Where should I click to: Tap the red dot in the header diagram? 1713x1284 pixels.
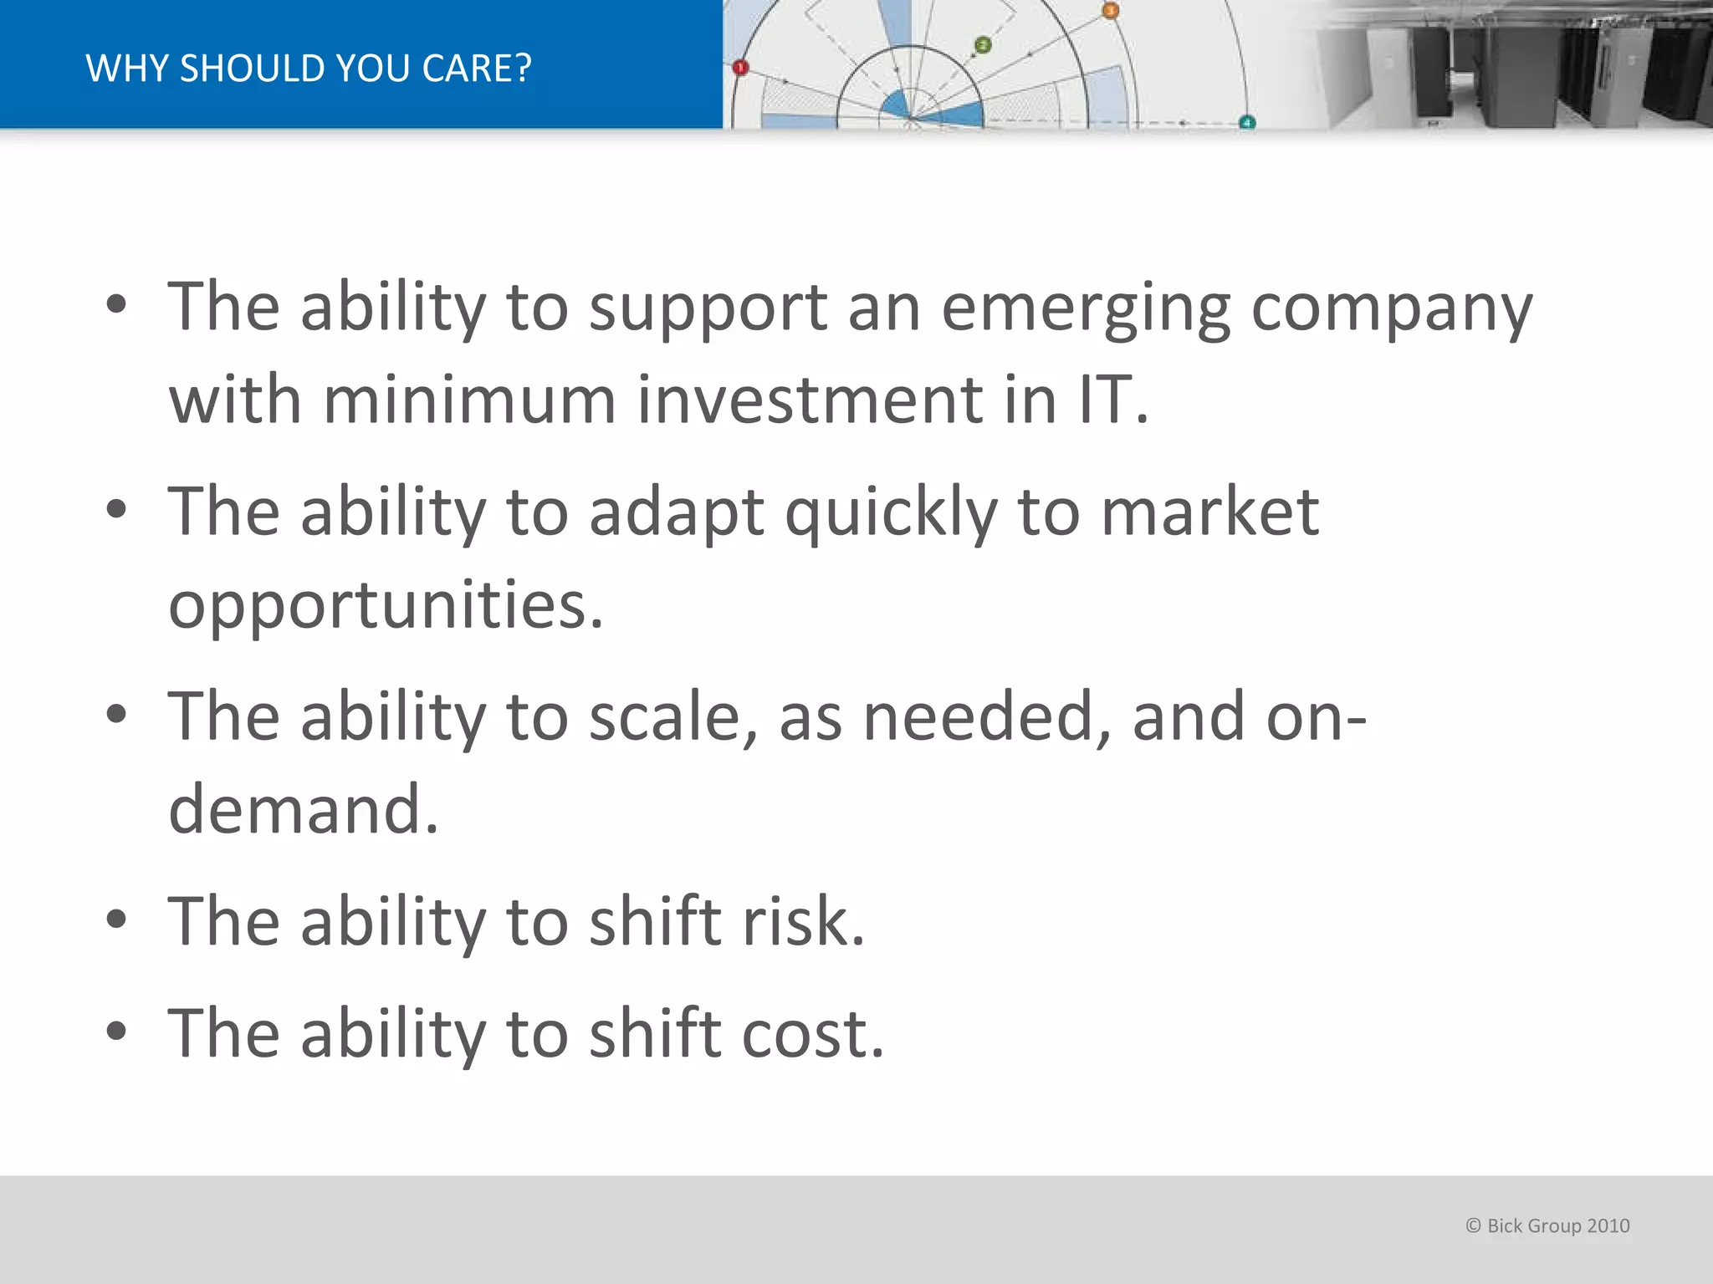pyautogui.click(x=740, y=68)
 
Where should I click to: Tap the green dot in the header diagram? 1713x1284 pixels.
pyautogui.click(x=984, y=45)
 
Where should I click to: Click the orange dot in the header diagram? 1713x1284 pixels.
pyautogui.click(x=1110, y=11)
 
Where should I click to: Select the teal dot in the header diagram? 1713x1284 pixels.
pyautogui.click(x=1247, y=123)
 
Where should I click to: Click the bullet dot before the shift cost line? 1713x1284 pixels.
pyautogui.click(x=116, y=1032)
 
